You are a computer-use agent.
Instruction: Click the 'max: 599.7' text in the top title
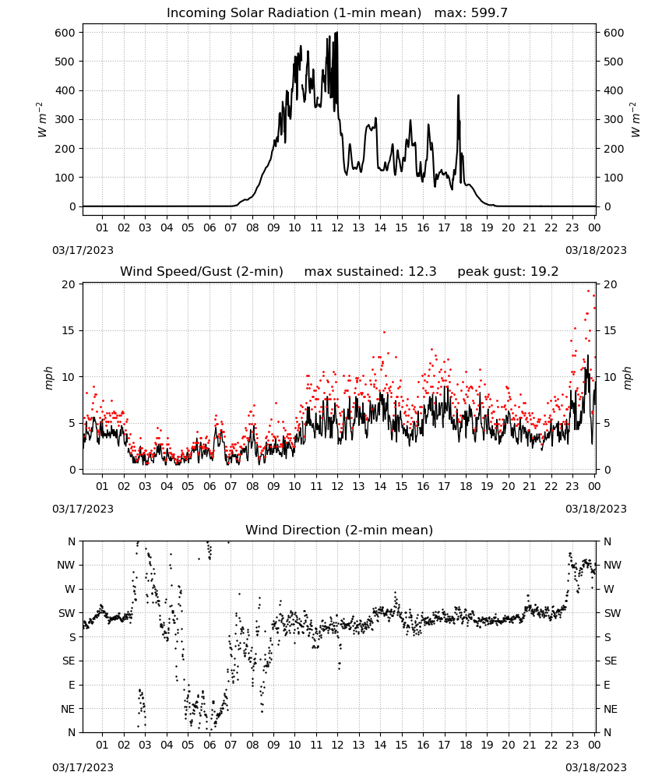pos(471,12)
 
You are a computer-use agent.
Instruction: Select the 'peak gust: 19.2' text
pos(508,271)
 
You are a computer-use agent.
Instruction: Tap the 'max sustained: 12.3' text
pos(370,271)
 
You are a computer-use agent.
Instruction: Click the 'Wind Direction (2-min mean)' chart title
pos(340,530)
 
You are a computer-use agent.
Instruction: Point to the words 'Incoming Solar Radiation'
pos(248,12)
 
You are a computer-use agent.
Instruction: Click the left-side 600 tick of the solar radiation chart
pos(65,33)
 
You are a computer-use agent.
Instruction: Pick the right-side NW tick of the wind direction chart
pos(612,565)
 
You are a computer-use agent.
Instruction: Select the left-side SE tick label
pos(69,661)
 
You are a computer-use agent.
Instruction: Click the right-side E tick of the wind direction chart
pos(607,685)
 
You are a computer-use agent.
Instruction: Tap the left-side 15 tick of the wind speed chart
pos(69,330)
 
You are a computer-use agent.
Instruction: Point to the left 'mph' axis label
pos(48,378)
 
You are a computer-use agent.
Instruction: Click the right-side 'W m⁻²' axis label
pos(636,119)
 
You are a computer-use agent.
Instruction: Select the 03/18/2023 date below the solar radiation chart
pos(596,250)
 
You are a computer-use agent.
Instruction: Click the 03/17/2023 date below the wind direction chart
pos(83,767)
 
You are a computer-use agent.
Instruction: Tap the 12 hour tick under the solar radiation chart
pos(337,227)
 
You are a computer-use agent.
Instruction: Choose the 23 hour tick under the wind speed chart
pos(572,486)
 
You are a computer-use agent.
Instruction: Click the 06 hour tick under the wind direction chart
pos(209,745)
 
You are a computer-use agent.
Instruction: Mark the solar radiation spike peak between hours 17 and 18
pos(459,95)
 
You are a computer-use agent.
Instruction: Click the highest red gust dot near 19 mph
pos(589,291)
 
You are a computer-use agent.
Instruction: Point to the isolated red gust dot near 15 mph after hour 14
pos(384,332)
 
